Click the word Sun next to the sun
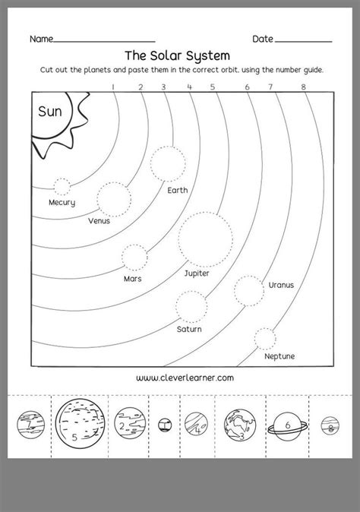click(51, 112)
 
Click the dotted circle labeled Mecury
click(62, 185)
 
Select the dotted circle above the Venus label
click(114, 198)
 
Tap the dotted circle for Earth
click(167, 163)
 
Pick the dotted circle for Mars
click(134, 257)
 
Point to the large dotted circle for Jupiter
click(205, 239)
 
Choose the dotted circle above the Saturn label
click(191, 305)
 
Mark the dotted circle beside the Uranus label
click(248, 290)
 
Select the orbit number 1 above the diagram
click(113, 87)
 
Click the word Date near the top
click(263, 38)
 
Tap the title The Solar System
click(176, 55)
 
